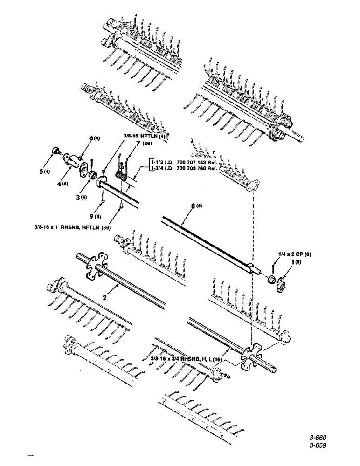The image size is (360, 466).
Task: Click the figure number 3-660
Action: pyautogui.click(x=317, y=438)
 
